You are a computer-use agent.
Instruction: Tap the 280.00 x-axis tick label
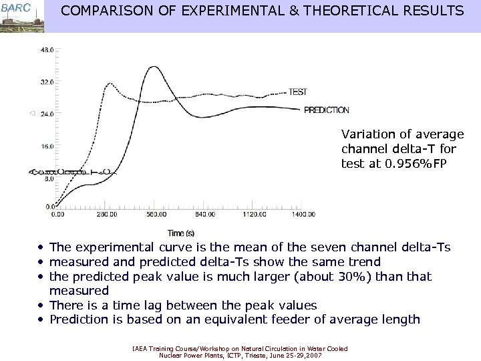tap(106, 215)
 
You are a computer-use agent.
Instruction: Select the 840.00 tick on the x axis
tap(204, 215)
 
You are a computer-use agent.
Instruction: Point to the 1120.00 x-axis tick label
tap(253, 215)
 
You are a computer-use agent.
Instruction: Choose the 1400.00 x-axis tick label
tap(303, 215)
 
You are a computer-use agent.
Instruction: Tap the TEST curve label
tap(298, 92)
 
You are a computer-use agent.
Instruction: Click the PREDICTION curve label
tap(327, 110)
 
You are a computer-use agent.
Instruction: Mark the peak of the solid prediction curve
tap(154, 66)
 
